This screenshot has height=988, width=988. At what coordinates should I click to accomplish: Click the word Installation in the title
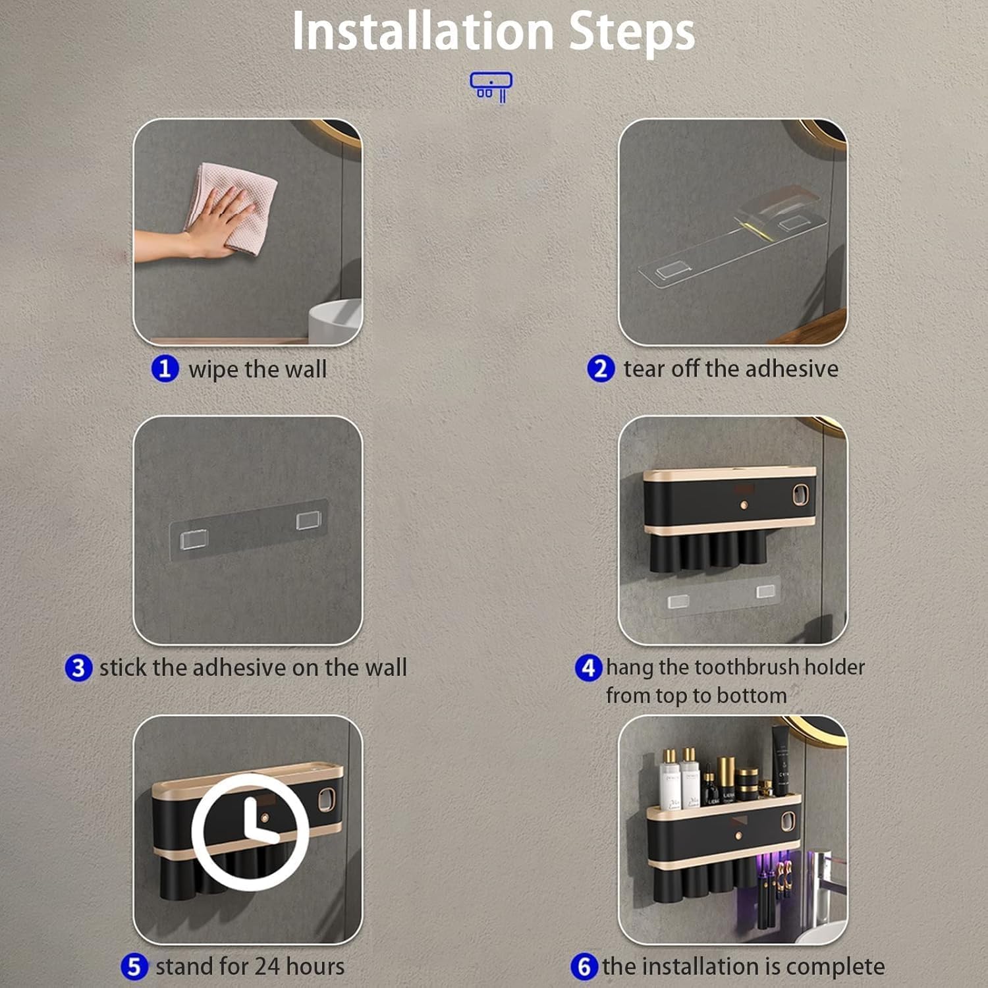423,31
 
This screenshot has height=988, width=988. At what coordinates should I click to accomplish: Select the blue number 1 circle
165,368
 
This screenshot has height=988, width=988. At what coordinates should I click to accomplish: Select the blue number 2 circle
601,368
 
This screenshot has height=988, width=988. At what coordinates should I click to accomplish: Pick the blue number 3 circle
78,667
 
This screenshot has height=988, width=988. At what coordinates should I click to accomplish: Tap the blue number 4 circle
589,667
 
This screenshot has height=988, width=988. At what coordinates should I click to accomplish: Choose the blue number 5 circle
134,966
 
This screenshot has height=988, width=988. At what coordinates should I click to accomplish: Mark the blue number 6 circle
584,966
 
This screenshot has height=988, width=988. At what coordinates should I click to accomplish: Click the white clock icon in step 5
250,831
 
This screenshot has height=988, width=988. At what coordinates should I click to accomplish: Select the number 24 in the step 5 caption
267,966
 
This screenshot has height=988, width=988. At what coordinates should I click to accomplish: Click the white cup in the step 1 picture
335,321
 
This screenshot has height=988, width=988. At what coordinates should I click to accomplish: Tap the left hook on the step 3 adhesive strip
194,539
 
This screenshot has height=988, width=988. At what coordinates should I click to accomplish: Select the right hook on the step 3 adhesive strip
308,520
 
